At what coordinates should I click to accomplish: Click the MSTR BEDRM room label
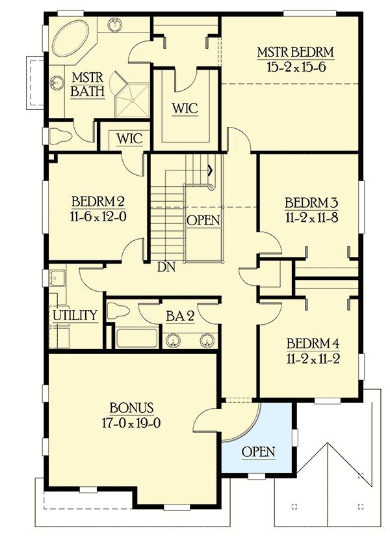coord(295,52)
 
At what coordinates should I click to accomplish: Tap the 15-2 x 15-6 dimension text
coord(295,66)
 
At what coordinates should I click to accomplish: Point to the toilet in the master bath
coord(62,135)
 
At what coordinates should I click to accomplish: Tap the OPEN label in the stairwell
coord(203,221)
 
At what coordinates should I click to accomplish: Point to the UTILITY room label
coord(75,316)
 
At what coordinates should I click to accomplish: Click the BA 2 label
coord(179,316)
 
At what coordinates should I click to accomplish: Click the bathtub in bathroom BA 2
coord(136,338)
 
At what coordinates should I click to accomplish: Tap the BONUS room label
coord(131,408)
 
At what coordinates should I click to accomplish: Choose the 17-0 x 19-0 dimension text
coord(131,422)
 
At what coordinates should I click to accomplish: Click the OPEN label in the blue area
coord(258,452)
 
